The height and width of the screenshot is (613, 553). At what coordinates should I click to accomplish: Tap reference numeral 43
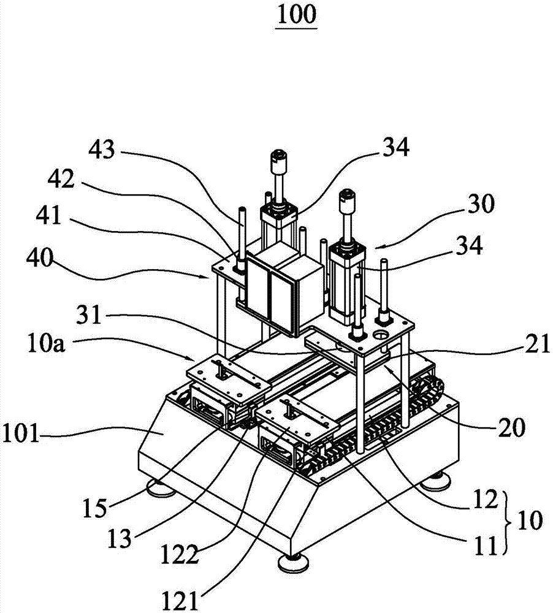[102, 150]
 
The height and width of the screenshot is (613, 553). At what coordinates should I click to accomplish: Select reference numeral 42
[61, 180]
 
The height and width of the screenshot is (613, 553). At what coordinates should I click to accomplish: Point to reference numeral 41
[48, 215]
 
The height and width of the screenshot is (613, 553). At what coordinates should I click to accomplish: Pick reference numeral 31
[89, 314]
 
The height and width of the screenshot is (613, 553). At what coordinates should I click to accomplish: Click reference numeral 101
[21, 433]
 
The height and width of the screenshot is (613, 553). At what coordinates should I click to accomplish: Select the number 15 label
[94, 508]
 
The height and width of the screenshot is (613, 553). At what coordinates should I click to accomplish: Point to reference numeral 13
[120, 539]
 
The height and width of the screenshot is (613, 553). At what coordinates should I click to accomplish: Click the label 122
[180, 554]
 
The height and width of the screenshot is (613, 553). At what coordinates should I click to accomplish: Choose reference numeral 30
[481, 204]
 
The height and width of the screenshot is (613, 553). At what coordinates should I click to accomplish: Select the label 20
[511, 427]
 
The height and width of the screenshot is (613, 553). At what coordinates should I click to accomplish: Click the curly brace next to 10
[508, 522]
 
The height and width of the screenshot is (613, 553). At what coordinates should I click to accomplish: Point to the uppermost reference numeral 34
[396, 147]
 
